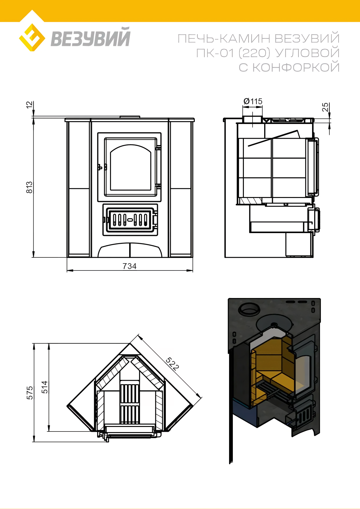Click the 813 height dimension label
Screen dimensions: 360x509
(29, 187)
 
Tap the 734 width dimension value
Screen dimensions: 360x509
(129, 266)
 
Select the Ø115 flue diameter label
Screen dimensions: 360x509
(253, 101)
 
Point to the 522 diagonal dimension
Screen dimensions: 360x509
(172, 364)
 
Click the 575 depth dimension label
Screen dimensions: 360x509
(30, 393)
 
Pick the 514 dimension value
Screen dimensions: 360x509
(44, 387)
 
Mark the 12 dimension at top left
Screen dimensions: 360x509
(29, 105)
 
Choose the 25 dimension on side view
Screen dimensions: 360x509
(325, 107)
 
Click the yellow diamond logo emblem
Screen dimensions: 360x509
(32, 37)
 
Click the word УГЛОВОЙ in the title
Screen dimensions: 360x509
(307, 53)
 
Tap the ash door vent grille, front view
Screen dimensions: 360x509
(130, 220)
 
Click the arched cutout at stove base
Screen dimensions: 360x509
(130, 250)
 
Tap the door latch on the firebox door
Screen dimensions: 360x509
(100, 167)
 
